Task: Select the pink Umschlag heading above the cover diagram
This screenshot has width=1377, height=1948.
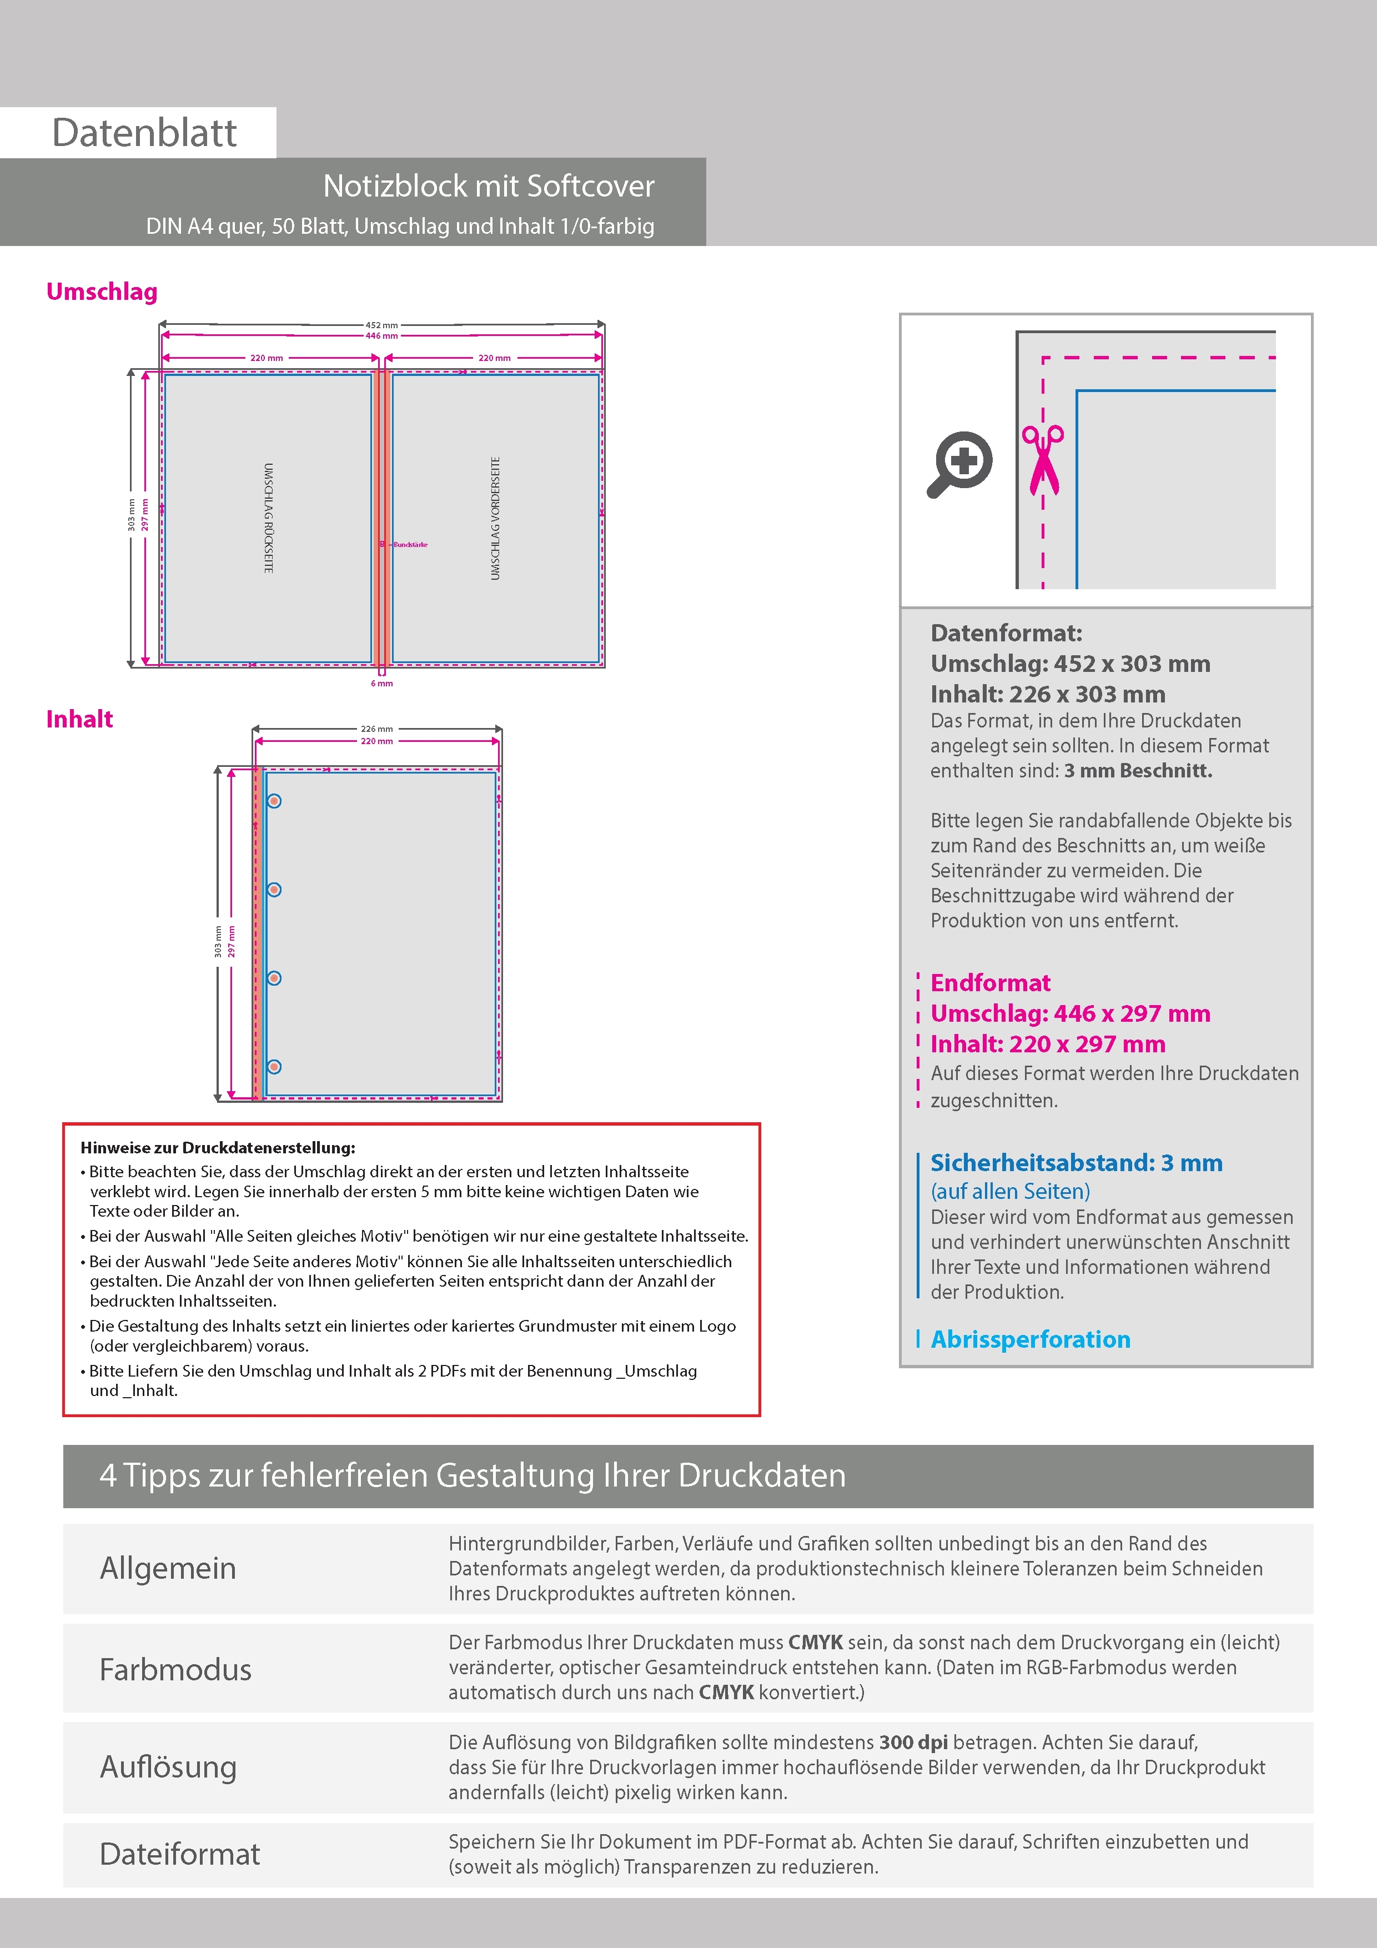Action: tap(102, 292)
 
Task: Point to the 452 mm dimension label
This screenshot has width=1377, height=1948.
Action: tap(382, 325)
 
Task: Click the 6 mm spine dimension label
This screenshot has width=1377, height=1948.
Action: tap(382, 683)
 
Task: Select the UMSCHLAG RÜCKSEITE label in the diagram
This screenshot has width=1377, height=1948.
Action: tap(268, 518)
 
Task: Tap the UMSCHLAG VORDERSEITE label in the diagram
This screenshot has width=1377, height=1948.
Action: tap(495, 518)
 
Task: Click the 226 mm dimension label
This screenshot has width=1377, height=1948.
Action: tap(376, 729)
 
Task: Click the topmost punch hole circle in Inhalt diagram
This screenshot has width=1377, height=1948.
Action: tap(274, 801)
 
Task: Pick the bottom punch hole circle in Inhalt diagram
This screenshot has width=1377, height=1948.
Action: tap(274, 1067)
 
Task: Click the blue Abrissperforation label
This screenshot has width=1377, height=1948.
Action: tap(1030, 1339)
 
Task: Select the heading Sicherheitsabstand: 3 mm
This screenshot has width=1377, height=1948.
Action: tap(1076, 1162)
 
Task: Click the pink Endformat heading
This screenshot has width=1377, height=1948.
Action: tap(990, 982)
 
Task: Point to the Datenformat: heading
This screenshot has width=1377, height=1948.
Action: tap(1006, 633)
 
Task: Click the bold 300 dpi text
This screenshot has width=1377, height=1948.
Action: tap(913, 1742)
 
